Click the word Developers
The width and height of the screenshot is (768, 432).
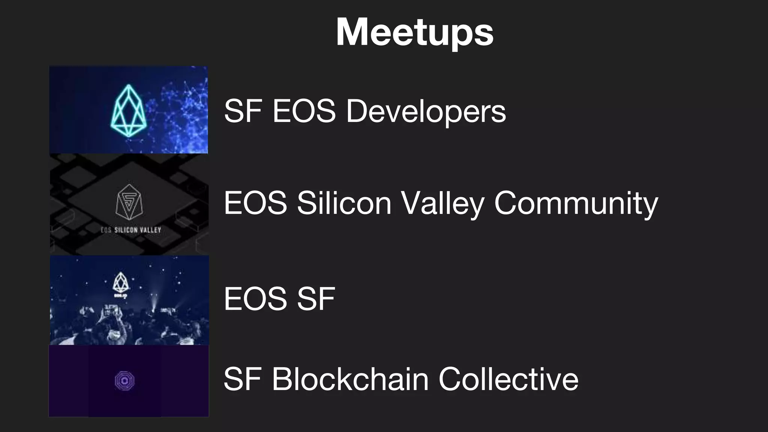coord(426,111)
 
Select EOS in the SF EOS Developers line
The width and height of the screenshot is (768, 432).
coord(304,111)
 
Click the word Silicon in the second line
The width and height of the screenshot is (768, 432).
coord(344,203)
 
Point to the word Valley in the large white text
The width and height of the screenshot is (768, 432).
coord(442,203)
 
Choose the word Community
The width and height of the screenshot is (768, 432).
coord(576,203)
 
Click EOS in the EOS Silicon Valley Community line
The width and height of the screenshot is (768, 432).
coord(255,203)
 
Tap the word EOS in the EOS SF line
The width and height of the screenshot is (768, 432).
coord(255,298)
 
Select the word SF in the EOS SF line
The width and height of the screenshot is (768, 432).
coord(316,298)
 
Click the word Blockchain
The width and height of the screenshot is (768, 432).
coord(350,379)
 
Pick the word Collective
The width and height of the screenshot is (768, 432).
coord(508,379)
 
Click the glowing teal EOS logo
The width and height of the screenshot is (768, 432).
coord(128,110)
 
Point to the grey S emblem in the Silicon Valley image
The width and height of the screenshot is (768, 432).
coord(129,202)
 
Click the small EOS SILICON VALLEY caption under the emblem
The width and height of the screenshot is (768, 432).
coord(130,230)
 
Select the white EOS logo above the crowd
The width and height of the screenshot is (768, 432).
coord(120,283)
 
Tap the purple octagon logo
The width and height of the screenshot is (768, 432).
coord(124,381)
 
